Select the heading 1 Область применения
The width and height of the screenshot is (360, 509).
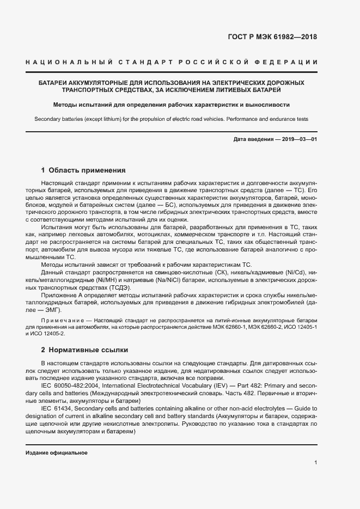click(83, 170)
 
